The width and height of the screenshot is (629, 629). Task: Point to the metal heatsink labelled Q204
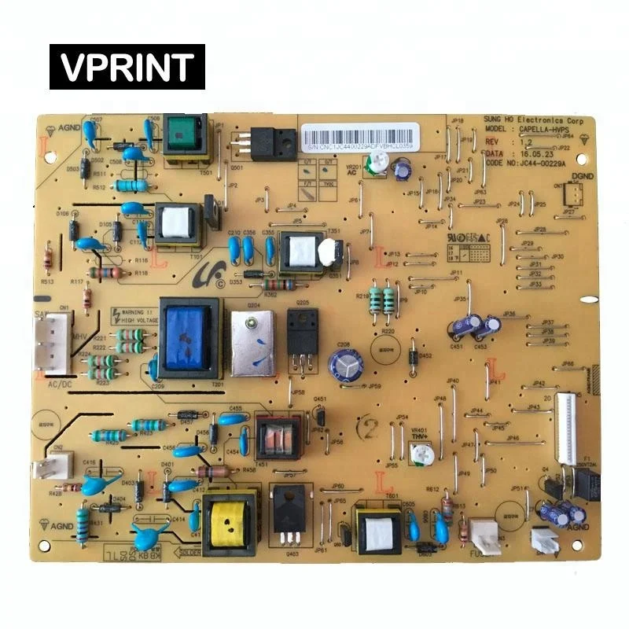coord(252,343)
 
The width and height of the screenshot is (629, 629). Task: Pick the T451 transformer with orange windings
coord(278,434)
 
